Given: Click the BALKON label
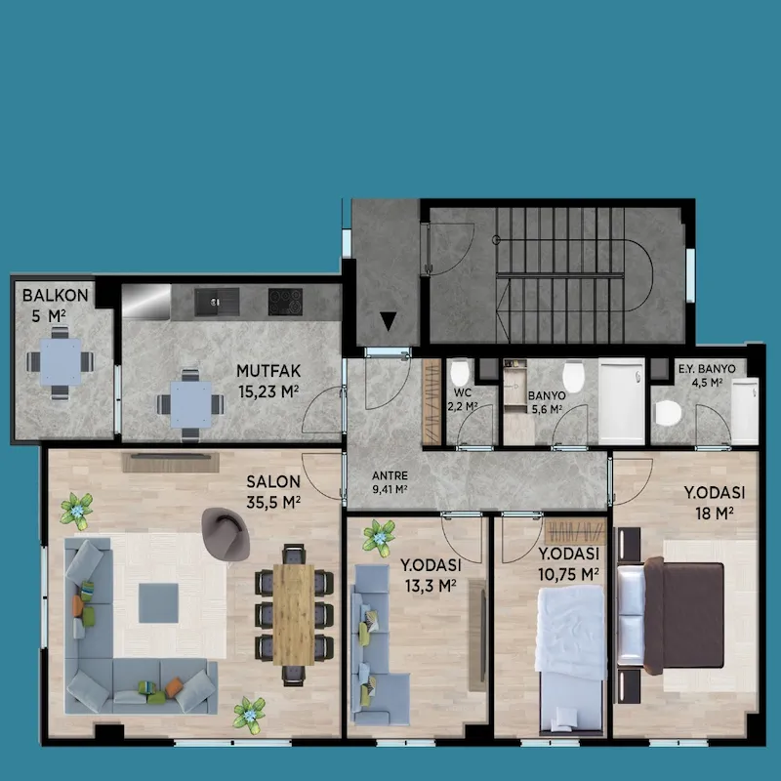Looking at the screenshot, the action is point(55,295).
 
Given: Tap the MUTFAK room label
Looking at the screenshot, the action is point(268,371).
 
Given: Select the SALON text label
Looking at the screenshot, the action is point(273,481).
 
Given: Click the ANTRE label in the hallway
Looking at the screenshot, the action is point(390,475).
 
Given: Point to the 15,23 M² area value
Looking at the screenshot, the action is point(268,392).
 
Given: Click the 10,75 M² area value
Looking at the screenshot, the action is point(568,574).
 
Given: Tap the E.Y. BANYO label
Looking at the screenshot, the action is point(707,369).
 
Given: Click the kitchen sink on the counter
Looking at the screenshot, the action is point(217,302).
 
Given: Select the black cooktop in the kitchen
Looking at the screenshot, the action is point(285,302).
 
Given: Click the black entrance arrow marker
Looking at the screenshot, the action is point(388,321).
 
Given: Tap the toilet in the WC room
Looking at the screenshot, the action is point(459,373).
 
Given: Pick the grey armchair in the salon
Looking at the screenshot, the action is point(226,534).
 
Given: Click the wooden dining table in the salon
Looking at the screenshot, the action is point(294,615).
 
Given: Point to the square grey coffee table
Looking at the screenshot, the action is point(158,603).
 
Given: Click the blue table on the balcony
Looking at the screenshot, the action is point(61,361).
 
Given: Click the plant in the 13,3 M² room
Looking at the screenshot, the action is point(379,538).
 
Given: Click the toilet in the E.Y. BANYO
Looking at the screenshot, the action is point(668,413).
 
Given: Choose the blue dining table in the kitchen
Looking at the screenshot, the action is point(190,404).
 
